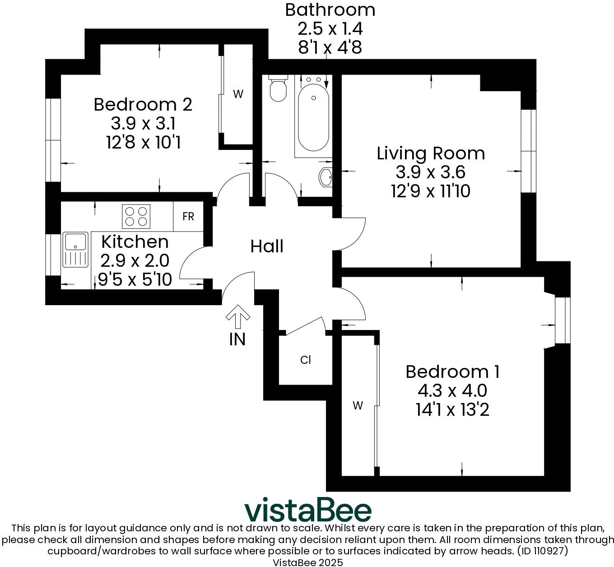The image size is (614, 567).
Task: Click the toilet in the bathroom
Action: (277, 89)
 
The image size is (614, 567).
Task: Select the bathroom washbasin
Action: (326, 177)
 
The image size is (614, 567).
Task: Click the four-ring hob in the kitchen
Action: (136, 216)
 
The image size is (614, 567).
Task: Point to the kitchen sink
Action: (75, 249)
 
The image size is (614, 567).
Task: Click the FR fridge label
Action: (188, 217)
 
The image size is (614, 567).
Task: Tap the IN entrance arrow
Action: (237, 317)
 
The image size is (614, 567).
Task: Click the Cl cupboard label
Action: (306, 360)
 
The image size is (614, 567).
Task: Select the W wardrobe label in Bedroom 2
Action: (238, 94)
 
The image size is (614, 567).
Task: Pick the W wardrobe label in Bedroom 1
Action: (358, 406)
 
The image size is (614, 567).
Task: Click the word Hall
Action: (267, 246)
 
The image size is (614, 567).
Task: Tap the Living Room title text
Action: (431, 153)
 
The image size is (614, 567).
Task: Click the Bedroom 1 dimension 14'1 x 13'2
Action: (452, 410)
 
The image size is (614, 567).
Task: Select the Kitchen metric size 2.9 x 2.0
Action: (135, 261)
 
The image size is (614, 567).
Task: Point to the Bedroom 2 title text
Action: (143, 105)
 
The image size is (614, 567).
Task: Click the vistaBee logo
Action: (308, 511)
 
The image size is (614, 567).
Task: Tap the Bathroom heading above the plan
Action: (330, 9)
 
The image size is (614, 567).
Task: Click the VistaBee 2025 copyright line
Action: (307, 562)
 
